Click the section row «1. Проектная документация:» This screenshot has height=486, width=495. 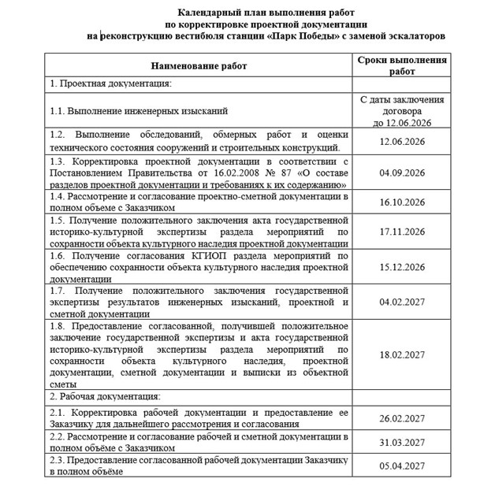coord(110,83)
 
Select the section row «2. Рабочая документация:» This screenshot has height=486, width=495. coord(105,396)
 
